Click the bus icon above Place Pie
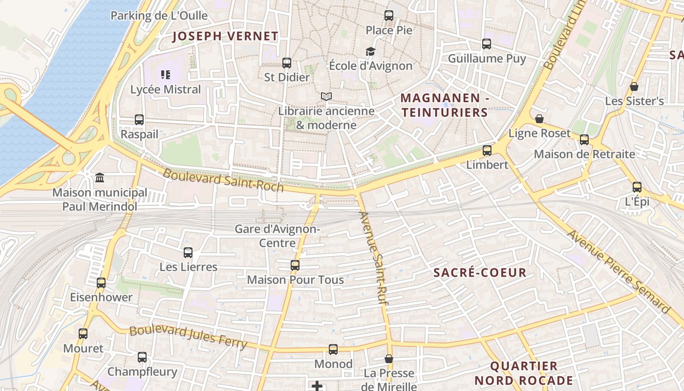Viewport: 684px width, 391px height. pos(389,16)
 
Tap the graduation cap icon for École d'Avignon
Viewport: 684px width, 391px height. pos(370,51)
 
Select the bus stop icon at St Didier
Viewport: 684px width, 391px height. pos(287,63)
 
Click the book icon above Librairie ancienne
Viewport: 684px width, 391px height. pos(326,97)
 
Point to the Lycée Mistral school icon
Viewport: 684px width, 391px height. pos(166,75)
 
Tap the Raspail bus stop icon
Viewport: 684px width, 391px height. pos(139,120)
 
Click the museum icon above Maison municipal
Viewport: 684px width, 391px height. pos(100,177)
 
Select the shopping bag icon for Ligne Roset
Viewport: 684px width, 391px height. pos(539,119)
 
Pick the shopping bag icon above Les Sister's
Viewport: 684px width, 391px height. pos(634,87)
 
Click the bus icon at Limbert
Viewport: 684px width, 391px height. pos(487,151)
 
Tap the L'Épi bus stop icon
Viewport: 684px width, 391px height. pos(637,187)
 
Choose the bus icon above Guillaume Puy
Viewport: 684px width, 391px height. pos(487,44)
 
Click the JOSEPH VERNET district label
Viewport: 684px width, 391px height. pos(225,36)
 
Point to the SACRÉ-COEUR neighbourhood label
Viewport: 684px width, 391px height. pos(480,273)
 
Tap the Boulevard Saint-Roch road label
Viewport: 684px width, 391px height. pos(223,180)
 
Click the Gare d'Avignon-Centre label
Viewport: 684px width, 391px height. pos(278,236)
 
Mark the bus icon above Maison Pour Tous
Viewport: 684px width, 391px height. pos(295,265)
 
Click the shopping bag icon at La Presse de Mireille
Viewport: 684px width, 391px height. pos(389,359)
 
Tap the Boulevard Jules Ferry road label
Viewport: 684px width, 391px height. pos(188,336)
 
